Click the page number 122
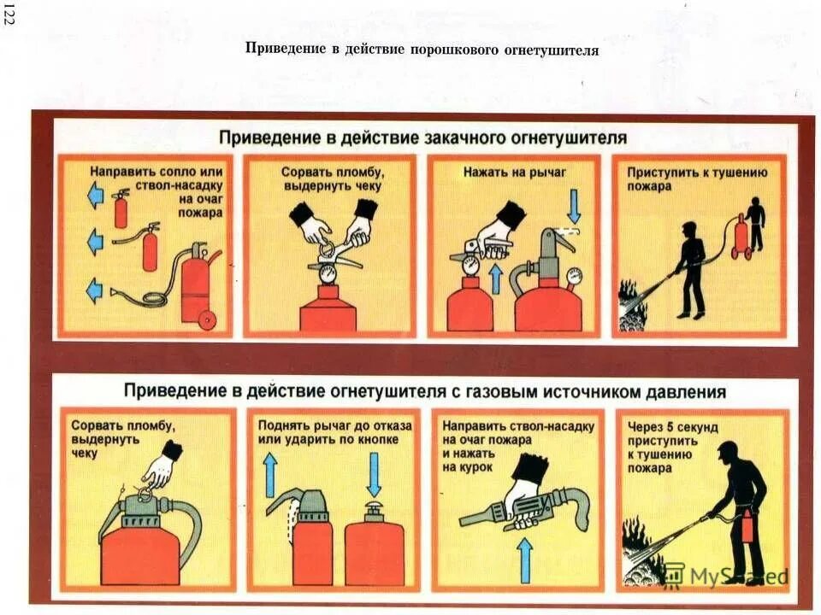point(9,17)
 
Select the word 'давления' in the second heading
point(684,392)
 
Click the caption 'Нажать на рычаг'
point(515,172)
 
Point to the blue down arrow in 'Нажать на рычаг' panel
point(575,205)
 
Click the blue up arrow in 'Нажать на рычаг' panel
point(495,278)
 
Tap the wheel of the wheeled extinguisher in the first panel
point(205,319)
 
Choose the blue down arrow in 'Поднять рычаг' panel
point(374,474)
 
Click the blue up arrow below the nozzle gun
point(526,559)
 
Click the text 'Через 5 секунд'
point(672,426)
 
